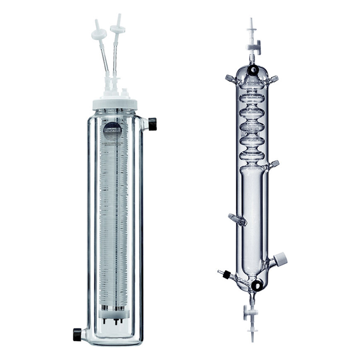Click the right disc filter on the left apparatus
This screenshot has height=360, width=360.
coord(117,29)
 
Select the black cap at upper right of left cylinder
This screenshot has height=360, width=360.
coord(152,124)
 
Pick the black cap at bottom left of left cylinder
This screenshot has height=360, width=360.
coord(77,334)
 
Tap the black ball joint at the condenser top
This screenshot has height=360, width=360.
coord(253,69)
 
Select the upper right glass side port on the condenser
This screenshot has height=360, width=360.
coord(273,79)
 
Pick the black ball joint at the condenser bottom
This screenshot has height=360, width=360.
coord(257,284)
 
